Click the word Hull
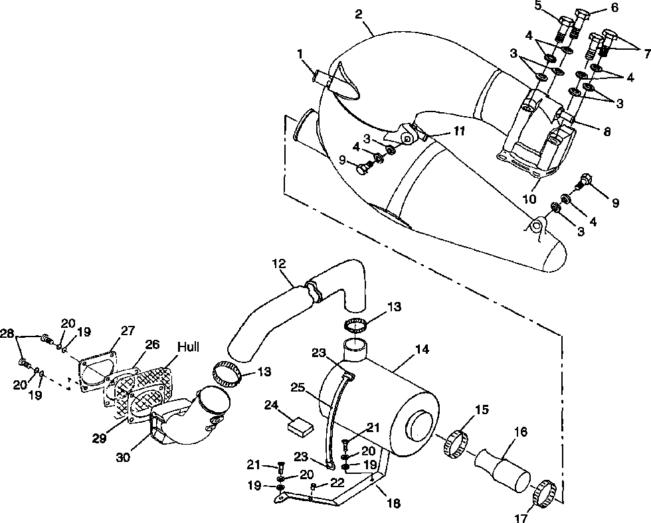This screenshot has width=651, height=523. coord(188,346)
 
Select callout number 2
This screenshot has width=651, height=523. coord(359,14)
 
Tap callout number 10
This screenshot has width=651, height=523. coord(529,199)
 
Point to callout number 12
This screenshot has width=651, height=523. coord(280,263)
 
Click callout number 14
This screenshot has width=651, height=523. coord(421,349)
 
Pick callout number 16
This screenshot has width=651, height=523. coord(520,432)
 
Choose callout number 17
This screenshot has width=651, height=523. coord(521,518)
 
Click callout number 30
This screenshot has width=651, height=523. coord(124,457)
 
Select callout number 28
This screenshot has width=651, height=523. coord(7,333)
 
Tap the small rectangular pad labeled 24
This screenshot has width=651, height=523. coord(301,427)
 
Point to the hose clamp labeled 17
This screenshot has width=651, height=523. coord(544,493)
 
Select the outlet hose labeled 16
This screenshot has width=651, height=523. coord(502,471)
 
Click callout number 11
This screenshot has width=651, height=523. coord(458,131)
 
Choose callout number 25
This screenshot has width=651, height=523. coord(298,388)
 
